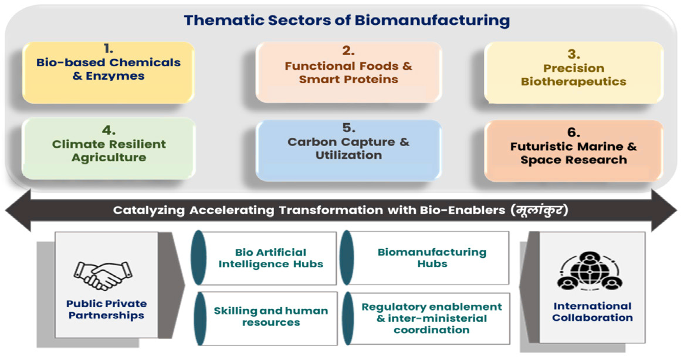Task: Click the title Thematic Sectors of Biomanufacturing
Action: pos(347,21)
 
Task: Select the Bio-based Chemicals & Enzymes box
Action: pos(108,72)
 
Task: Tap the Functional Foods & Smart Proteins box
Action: pos(348,72)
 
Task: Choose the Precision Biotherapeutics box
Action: pos(574,73)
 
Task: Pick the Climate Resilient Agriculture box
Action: pos(109,148)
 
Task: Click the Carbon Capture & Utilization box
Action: pos(348,150)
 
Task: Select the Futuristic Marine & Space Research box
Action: pos(574,151)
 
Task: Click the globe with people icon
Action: pos(590,271)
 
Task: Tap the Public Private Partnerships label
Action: pos(106,310)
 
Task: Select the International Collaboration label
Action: pos(592,311)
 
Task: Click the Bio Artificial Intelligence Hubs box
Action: pos(265,258)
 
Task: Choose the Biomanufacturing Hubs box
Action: pos(425,257)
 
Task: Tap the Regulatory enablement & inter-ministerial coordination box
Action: pos(425,318)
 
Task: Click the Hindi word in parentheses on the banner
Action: pos(540,210)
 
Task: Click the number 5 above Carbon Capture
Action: pos(348,128)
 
